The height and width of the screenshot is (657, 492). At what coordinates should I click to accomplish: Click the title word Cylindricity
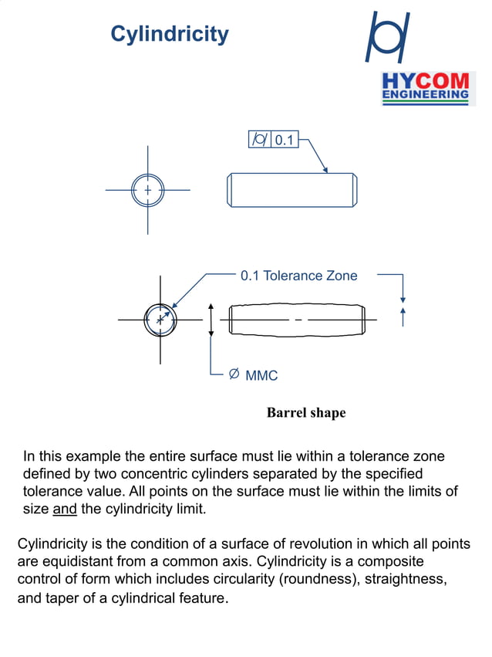tap(170, 34)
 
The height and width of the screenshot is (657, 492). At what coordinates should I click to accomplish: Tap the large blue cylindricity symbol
tap(387, 38)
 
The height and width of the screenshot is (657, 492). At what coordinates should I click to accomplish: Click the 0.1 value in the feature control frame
tap(285, 140)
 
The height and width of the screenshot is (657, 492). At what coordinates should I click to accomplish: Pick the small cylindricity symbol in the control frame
tap(260, 140)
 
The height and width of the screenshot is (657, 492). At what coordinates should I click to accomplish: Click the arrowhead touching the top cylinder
tap(325, 169)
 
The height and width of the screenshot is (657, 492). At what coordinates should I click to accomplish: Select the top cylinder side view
tap(292, 190)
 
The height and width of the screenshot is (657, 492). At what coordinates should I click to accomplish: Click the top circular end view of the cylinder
tap(147, 190)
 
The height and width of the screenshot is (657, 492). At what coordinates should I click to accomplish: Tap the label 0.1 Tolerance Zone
tap(298, 276)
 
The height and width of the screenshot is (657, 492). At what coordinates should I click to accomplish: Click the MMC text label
tap(261, 376)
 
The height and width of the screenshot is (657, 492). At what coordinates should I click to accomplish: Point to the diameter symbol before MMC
tap(234, 375)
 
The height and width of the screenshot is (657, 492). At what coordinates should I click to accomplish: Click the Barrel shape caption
tap(306, 413)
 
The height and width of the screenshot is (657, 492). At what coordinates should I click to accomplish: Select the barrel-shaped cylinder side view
tap(297, 320)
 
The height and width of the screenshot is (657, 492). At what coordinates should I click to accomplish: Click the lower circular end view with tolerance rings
tap(160, 319)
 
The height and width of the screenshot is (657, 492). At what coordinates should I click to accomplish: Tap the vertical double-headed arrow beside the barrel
tap(211, 320)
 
